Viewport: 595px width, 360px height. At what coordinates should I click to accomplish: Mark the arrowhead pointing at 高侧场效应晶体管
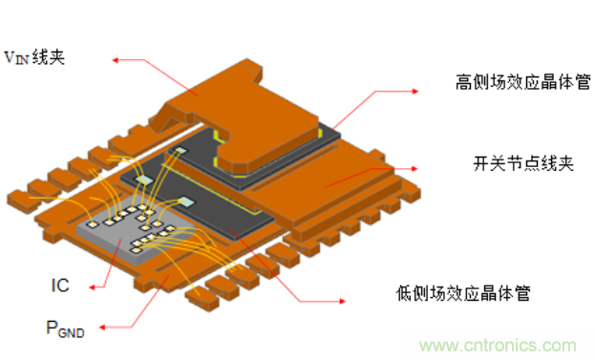(413, 91)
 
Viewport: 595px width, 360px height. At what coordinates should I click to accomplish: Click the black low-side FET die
(229, 215)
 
